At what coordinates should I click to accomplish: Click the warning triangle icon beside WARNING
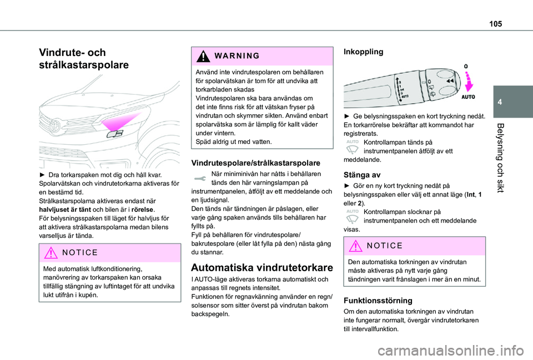tap(198, 57)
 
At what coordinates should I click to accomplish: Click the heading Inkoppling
tap(364, 52)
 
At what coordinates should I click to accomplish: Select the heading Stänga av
tap(362, 174)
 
